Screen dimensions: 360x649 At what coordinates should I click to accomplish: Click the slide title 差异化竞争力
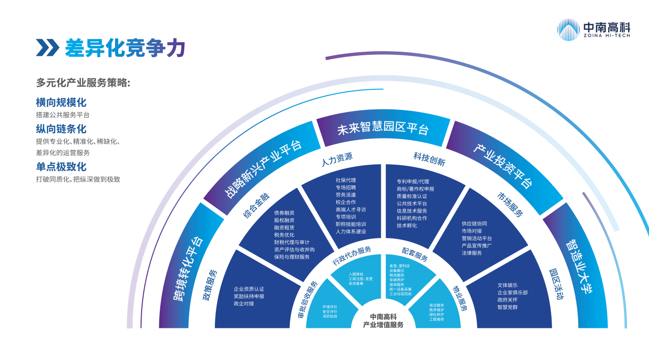tap(125, 48)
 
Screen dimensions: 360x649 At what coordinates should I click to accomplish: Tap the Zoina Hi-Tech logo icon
tap(568, 29)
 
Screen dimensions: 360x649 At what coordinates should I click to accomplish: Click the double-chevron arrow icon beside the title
tap(47, 48)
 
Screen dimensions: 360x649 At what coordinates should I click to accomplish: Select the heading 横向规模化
tap(61, 102)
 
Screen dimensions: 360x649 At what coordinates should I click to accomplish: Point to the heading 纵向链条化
tap(61, 129)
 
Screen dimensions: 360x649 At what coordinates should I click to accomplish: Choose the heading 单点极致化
tap(61, 167)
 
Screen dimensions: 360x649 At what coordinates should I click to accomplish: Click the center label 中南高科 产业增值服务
tap(383, 320)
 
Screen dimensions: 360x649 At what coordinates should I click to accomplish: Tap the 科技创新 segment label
tap(429, 158)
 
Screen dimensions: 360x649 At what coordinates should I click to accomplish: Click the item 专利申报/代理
tap(413, 181)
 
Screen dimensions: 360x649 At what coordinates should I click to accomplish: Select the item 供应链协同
tap(474, 223)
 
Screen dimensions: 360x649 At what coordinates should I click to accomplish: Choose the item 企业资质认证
tap(249, 289)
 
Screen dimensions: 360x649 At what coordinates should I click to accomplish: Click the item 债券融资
tap(284, 212)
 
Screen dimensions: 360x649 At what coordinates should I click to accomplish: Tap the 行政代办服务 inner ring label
tap(352, 256)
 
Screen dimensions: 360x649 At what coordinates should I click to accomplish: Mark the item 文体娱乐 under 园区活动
tap(507, 285)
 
